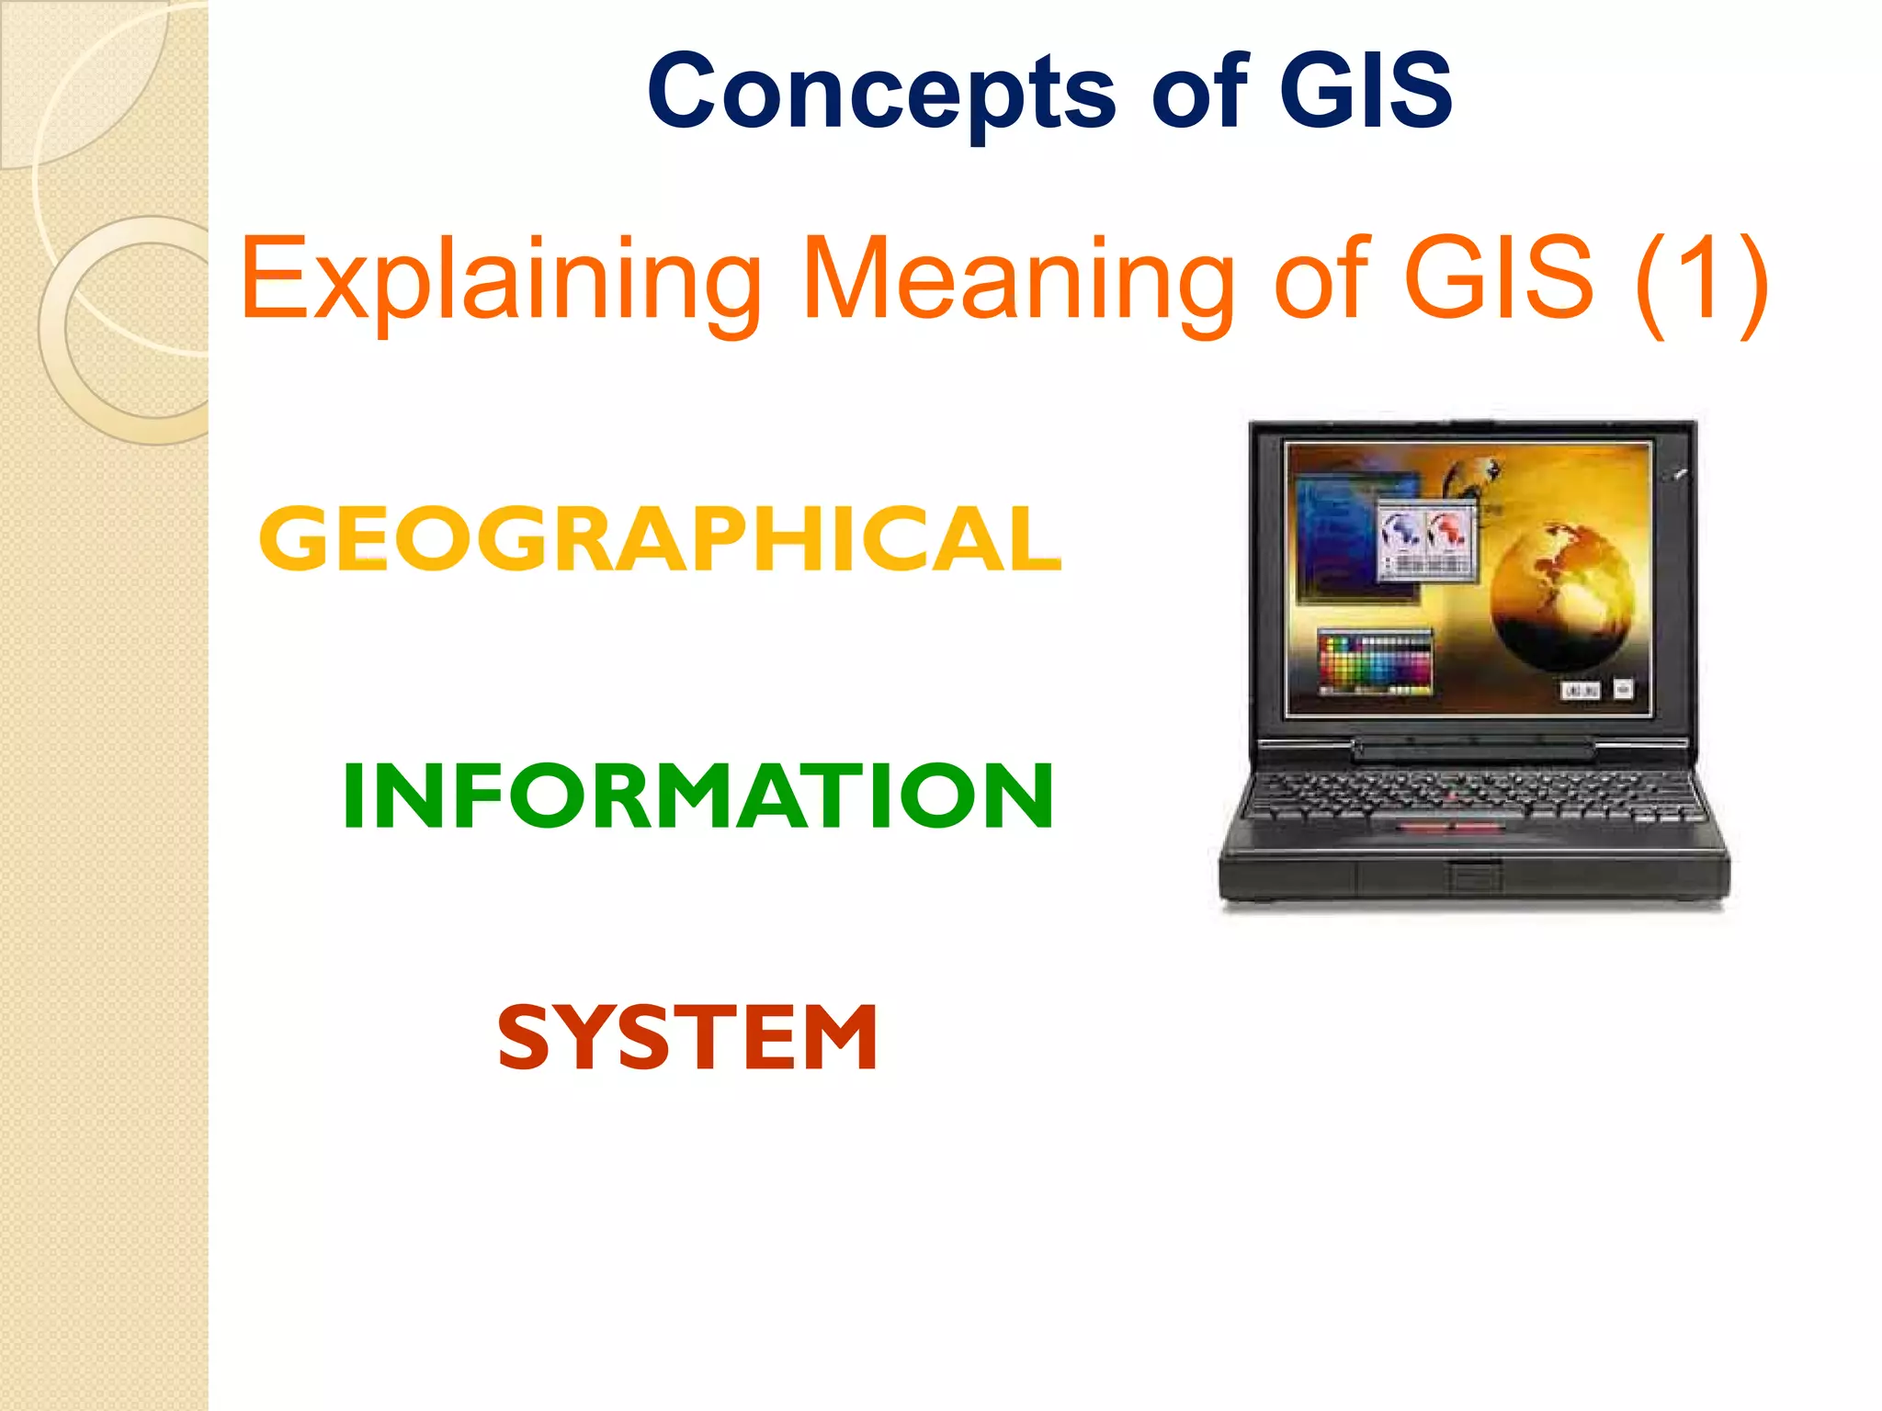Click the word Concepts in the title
point(880,92)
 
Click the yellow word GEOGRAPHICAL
point(660,539)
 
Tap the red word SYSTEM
point(687,1038)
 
